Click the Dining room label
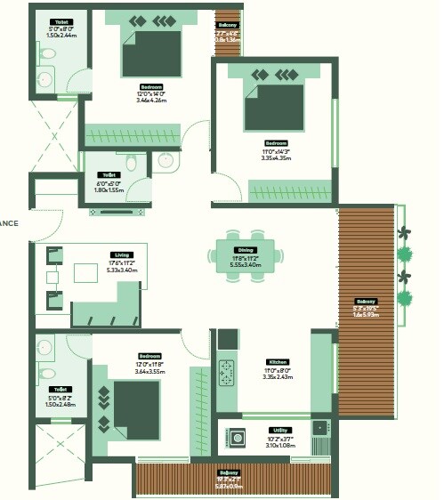(245, 250)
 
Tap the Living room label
(109, 254)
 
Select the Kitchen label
(278, 362)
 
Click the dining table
(245, 256)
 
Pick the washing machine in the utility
(238, 438)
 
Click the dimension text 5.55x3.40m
(245, 264)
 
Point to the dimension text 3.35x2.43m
(278, 376)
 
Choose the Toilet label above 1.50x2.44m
(61, 20)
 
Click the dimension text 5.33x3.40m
(109, 270)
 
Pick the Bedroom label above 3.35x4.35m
(276, 143)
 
